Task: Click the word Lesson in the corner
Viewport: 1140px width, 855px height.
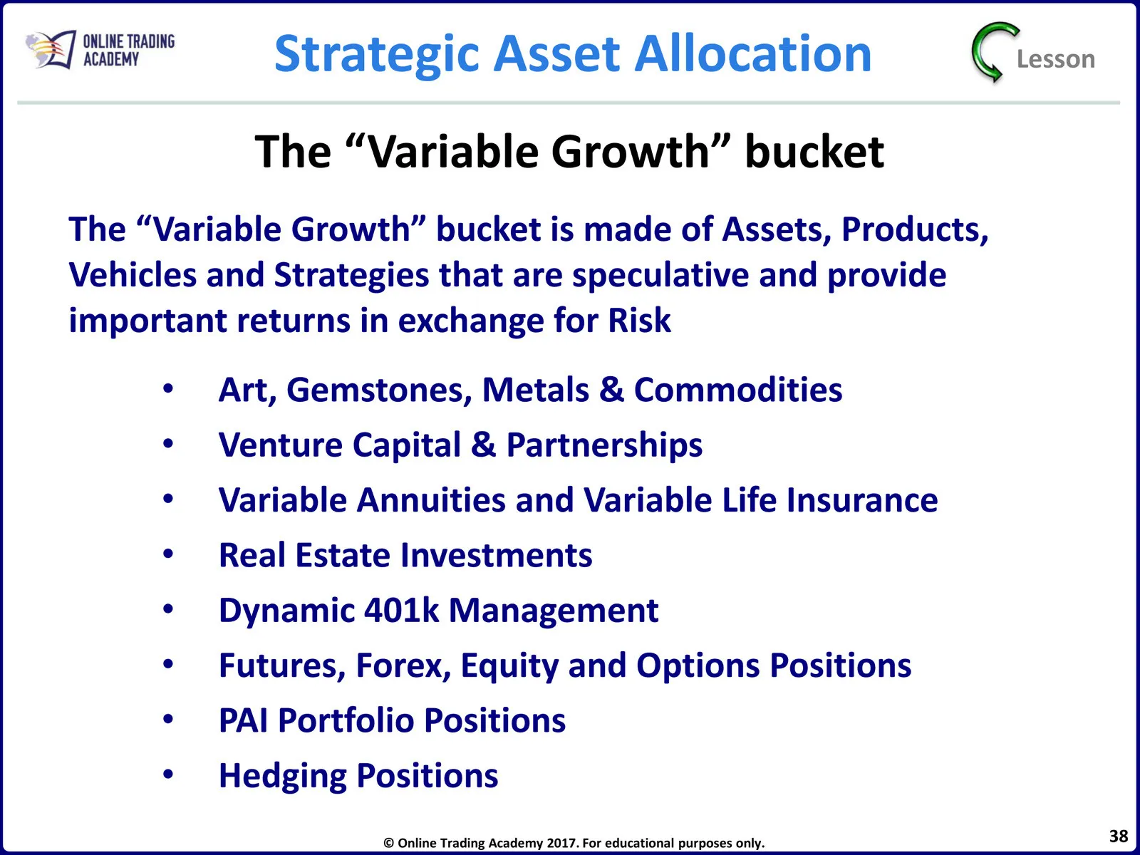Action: (1056, 59)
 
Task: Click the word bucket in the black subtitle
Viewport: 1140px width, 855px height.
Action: (814, 152)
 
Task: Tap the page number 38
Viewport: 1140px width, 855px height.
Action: (1118, 836)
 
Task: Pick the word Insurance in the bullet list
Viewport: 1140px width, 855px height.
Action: (862, 500)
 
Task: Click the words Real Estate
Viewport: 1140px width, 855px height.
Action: (304, 555)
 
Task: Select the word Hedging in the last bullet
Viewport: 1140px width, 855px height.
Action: (283, 777)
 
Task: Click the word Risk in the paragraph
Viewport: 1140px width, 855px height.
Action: (639, 320)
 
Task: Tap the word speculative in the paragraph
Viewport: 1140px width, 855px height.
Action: (660, 275)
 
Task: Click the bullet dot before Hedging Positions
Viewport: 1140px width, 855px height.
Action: (167, 774)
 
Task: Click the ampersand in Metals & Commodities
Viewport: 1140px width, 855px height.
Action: (611, 390)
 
